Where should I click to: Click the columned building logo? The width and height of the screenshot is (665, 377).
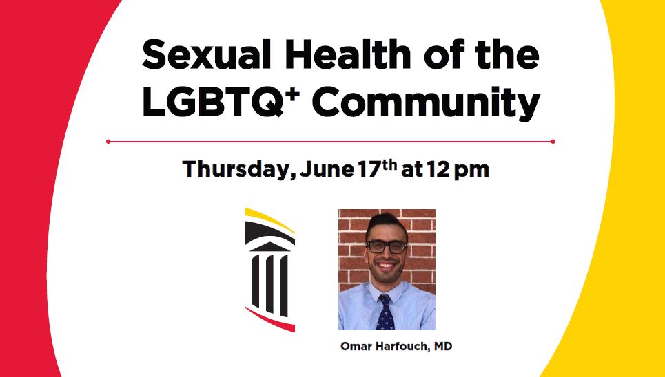tap(270, 269)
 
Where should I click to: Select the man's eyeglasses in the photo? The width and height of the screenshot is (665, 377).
tap(386, 246)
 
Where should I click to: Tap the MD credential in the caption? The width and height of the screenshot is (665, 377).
tap(442, 346)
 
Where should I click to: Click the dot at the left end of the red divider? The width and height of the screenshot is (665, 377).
tap(108, 142)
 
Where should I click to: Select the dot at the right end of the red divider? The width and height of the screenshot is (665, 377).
tap(553, 142)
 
